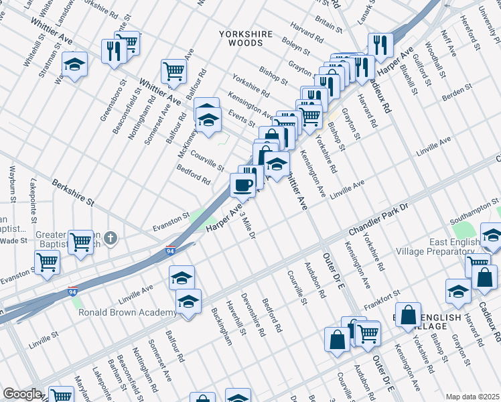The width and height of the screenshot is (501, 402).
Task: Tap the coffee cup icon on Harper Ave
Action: coord(242,184)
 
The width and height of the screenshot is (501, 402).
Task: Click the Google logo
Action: coord(22,394)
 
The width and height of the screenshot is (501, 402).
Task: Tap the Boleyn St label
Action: coord(295,45)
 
